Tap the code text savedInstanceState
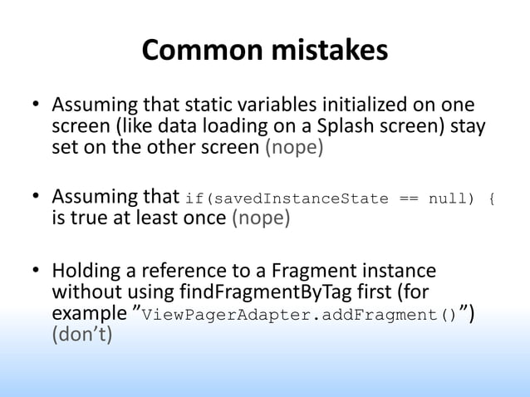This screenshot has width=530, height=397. (312, 199)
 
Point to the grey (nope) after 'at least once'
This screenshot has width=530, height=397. (260, 218)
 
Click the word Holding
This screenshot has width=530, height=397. (83, 272)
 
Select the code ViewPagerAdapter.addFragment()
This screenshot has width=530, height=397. (298, 316)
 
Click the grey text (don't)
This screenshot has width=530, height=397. (81, 336)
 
